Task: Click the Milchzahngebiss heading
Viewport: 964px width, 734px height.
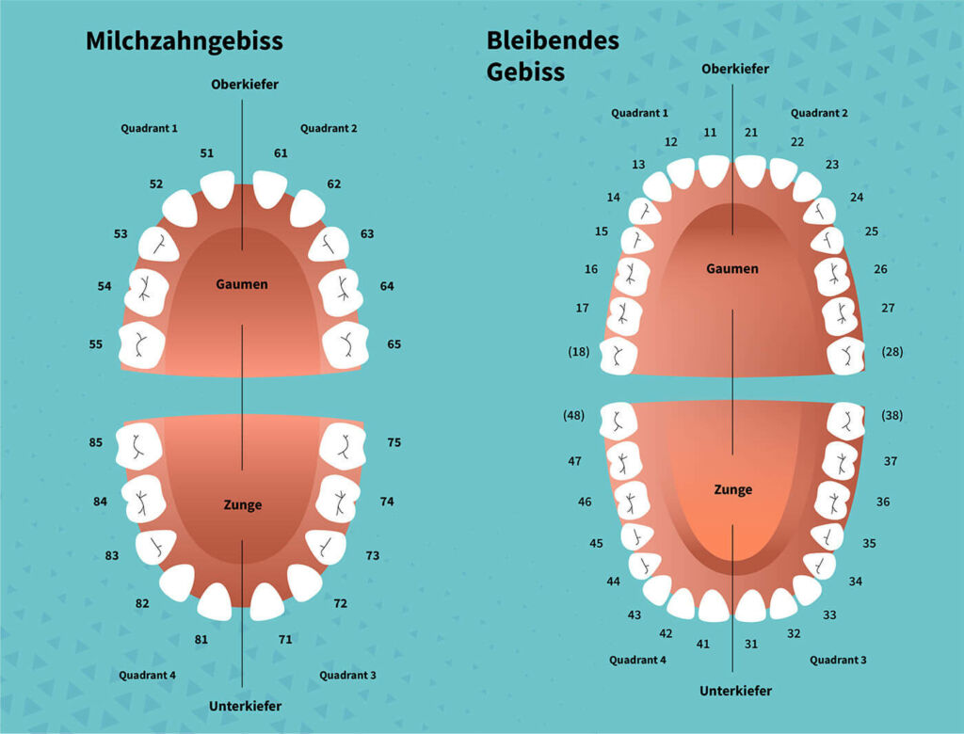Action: click(185, 41)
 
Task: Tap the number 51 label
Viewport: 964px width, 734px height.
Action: click(206, 153)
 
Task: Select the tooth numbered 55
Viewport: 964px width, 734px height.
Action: click(142, 344)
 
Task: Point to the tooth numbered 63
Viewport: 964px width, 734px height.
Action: click(329, 245)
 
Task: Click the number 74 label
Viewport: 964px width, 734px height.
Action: click(387, 502)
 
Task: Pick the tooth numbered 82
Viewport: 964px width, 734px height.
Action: click(178, 582)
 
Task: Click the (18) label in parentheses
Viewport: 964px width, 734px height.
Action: click(579, 352)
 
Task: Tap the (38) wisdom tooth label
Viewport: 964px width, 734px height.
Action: click(892, 415)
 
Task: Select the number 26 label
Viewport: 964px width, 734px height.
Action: click(880, 268)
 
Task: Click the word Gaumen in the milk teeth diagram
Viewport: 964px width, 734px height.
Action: click(242, 284)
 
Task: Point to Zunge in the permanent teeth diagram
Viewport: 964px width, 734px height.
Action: click(732, 489)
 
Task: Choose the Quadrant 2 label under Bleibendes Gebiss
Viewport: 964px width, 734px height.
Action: click(819, 113)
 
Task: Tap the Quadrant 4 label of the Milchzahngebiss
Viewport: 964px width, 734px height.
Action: click(147, 675)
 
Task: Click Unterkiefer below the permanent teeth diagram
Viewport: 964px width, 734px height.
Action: click(735, 691)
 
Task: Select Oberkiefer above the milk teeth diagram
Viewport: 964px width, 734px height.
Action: click(245, 84)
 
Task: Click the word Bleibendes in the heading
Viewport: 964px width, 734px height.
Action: click(553, 40)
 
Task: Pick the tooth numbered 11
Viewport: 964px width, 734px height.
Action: click(714, 170)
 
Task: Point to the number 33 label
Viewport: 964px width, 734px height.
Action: click(829, 614)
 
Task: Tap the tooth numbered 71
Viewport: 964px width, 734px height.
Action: click(266, 601)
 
